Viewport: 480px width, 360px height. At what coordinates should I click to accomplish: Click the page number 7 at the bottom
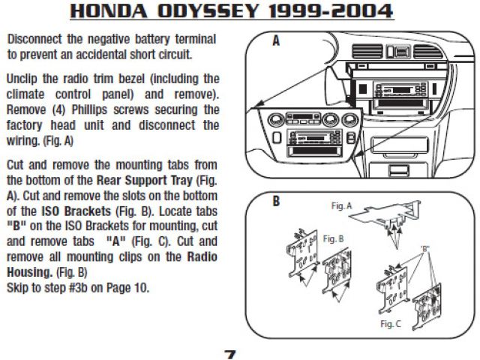pyautogui.click(x=230, y=355)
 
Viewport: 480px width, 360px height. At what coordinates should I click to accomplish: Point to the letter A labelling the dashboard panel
pyautogui.click(x=276, y=40)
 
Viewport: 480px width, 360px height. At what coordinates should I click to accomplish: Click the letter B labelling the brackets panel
pyautogui.click(x=276, y=202)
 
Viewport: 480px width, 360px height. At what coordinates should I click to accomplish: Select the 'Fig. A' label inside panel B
pyautogui.click(x=342, y=206)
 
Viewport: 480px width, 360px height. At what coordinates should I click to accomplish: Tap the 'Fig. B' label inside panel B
pyautogui.click(x=333, y=238)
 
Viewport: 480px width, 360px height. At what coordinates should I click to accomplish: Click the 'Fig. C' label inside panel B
pyautogui.click(x=390, y=323)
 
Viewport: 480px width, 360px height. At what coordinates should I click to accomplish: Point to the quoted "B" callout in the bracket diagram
pyautogui.click(x=425, y=248)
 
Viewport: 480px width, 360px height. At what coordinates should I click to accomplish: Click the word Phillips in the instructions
pyautogui.click(x=89, y=109)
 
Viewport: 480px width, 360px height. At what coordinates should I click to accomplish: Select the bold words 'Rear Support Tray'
pyautogui.click(x=145, y=180)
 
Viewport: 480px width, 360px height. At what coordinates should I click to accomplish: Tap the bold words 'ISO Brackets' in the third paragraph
pyautogui.click(x=76, y=211)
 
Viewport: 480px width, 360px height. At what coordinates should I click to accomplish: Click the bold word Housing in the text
pyautogui.click(x=29, y=272)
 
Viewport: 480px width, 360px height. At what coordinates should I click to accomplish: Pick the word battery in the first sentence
pyautogui.click(x=152, y=39)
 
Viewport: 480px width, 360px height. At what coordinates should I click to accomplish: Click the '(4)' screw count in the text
pyautogui.click(x=58, y=109)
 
